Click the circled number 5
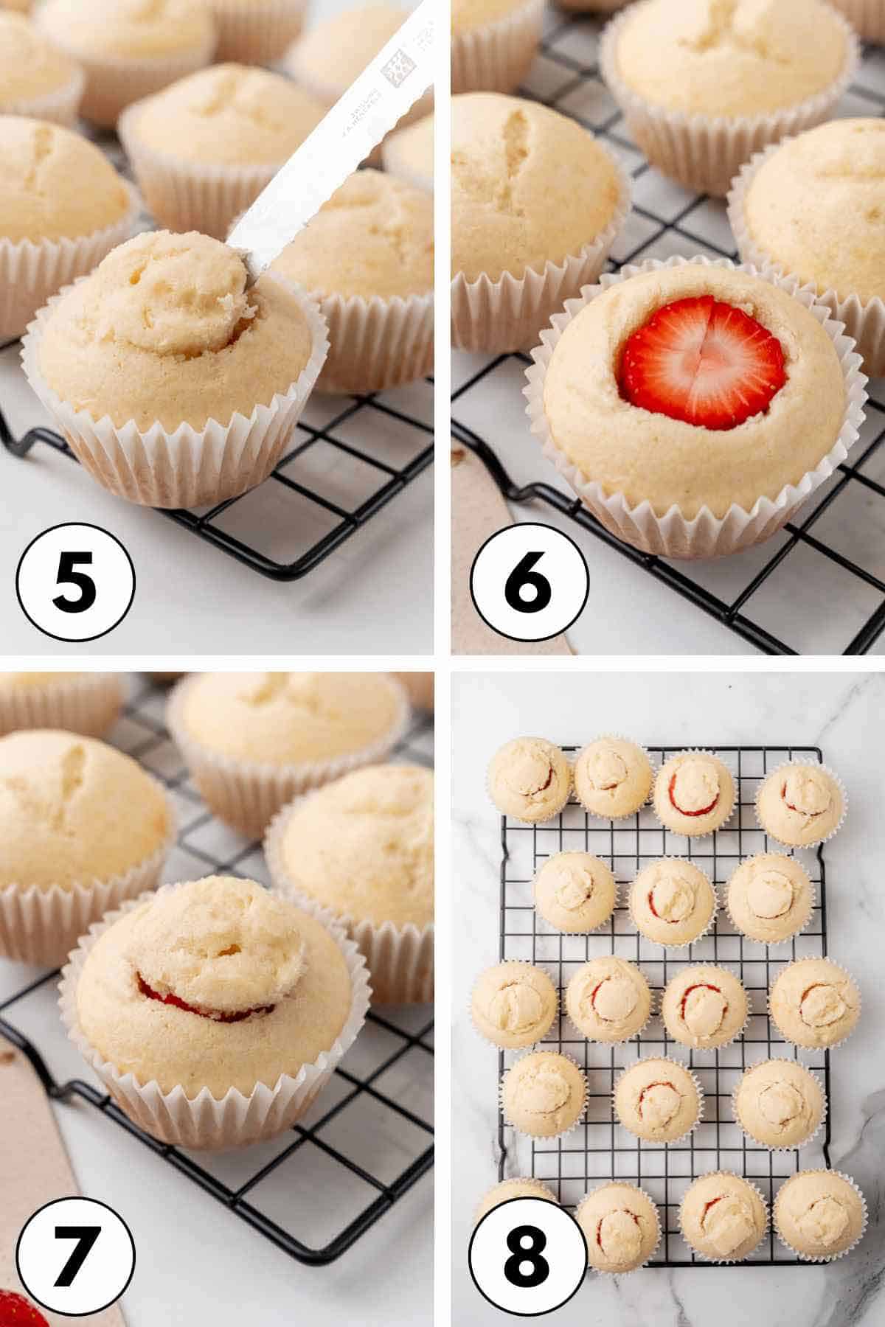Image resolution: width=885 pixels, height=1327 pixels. point(76,579)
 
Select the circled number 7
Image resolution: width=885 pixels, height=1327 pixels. point(76,1255)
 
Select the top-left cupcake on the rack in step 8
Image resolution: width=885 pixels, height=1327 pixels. point(529,778)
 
